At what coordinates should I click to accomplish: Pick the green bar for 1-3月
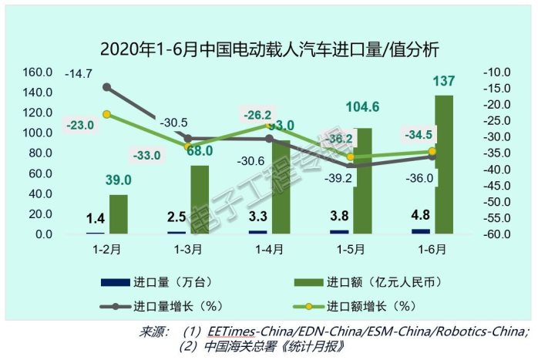(x=200, y=199)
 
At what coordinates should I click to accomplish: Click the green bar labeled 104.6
(x=361, y=180)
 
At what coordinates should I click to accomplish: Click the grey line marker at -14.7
(x=106, y=87)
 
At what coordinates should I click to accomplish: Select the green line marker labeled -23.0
(x=106, y=114)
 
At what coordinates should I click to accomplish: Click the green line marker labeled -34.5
(x=432, y=151)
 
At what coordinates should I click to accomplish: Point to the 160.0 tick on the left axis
(x=36, y=72)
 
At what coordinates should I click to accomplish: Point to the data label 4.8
(x=420, y=216)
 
